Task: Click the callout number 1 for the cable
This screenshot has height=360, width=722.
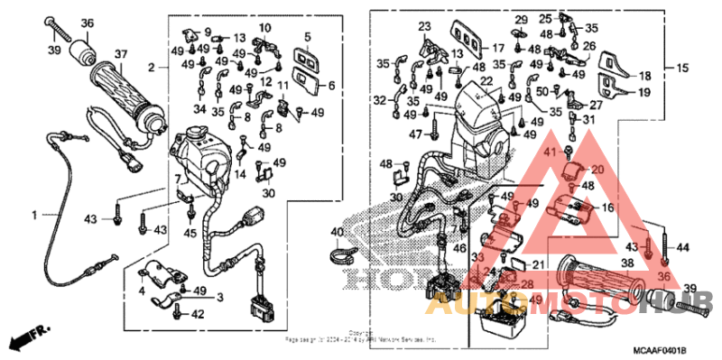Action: (x=36, y=215)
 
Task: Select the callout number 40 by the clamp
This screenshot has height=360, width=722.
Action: (x=338, y=234)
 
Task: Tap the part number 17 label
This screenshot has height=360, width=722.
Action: (x=497, y=47)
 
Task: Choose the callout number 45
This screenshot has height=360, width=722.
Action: (x=190, y=235)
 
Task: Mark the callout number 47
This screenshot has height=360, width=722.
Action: (x=416, y=134)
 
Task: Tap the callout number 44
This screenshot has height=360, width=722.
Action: (x=682, y=246)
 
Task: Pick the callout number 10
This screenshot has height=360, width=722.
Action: (x=264, y=29)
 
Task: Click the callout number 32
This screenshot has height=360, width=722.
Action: (x=380, y=100)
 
